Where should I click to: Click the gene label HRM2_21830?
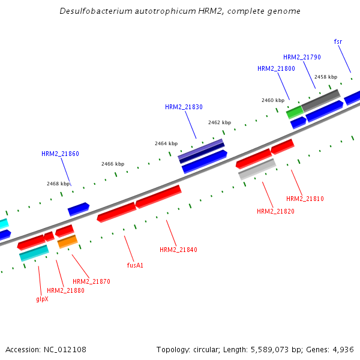pos(184,107)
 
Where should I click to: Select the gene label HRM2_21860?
pos(60,154)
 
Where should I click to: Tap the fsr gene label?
pos(338,41)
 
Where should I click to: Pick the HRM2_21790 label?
pos(302,57)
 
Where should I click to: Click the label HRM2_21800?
pos(276,68)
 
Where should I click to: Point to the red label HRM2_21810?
pos(305,199)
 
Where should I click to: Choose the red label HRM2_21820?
pos(275,211)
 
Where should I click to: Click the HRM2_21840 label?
pos(178,250)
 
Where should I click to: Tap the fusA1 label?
pos(135,265)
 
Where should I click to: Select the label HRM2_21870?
pos(91,281)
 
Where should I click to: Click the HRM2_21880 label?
pos(65,290)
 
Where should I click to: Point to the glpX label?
pos(42,298)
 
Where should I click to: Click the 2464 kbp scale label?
pos(166,143)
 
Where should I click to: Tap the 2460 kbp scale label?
pos(273,100)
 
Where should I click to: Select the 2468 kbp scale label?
pos(58,184)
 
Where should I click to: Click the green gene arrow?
pos(294,112)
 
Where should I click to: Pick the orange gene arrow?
pos(67,242)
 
